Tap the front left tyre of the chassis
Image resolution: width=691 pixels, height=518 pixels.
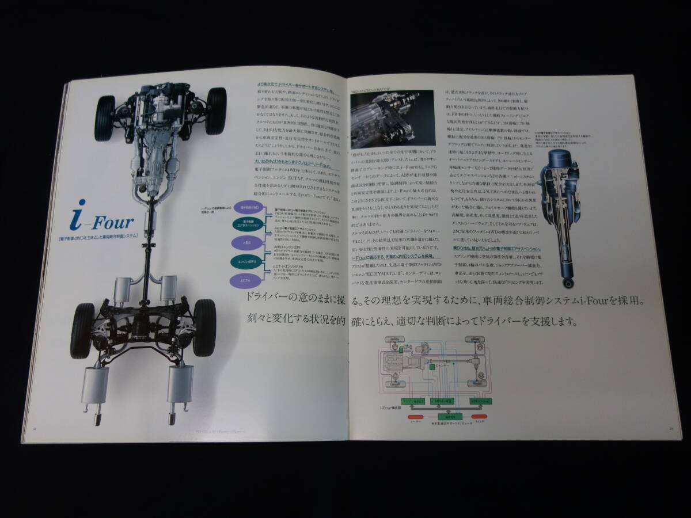pos(104,114)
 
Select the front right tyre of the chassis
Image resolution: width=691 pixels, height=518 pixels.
pos(217,111)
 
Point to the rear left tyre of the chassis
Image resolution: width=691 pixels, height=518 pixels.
pos(82,330)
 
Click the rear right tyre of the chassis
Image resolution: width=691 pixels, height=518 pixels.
pos(204,327)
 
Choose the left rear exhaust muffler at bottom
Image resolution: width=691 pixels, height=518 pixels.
pos(94,384)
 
